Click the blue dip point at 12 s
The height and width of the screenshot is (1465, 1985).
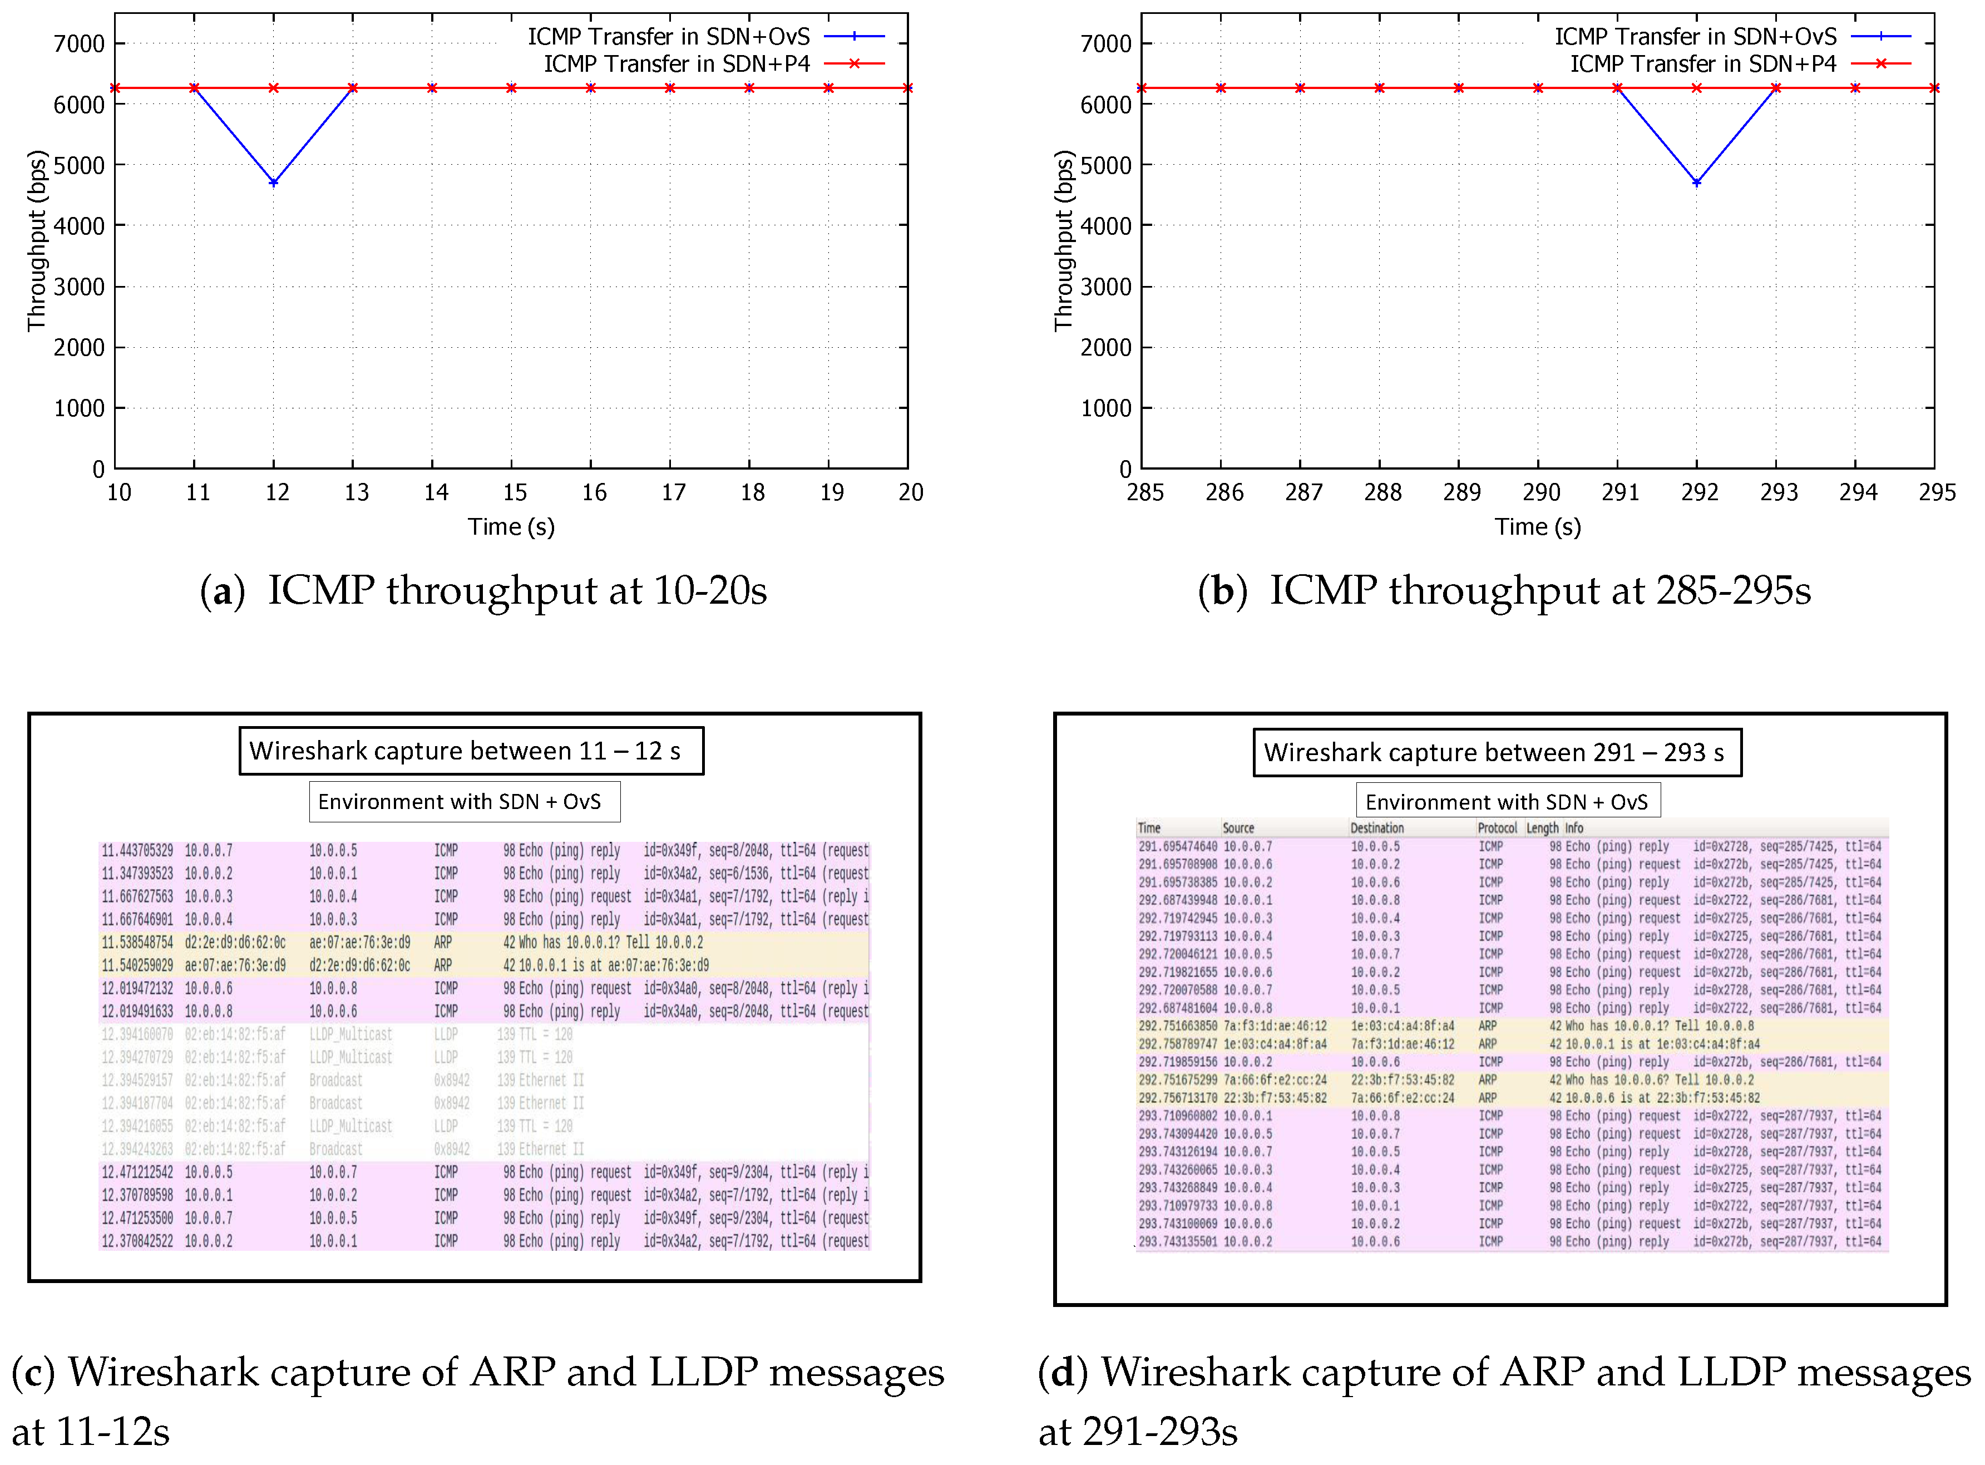[274, 182]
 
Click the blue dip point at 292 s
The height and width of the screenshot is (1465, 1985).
[1697, 182]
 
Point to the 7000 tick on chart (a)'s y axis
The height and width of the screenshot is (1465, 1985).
[79, 43]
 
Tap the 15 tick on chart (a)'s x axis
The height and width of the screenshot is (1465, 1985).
[514, 493]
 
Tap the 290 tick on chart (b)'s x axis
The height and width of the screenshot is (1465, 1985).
[1541, 493]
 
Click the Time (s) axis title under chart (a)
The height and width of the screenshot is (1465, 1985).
[511, 527]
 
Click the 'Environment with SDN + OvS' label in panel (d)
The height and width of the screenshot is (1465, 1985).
[1507, 802]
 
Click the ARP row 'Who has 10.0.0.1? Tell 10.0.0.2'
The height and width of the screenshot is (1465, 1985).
[603, 943]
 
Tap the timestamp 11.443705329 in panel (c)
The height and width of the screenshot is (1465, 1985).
[137, 850]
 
